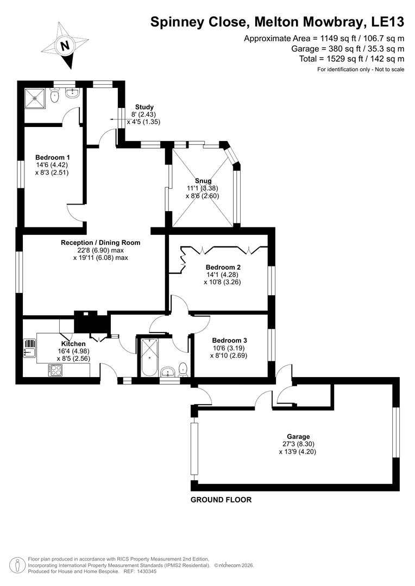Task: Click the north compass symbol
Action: click(x=66, y=46)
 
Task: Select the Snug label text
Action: click(x=203, y=181)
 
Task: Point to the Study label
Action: click(x=144, y=107)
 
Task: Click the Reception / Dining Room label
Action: click(x=100, y=243)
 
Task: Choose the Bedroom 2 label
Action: click(x=223, y=267)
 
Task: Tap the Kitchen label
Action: click(x=73, y=344)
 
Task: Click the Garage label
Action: click(x=298, y=436)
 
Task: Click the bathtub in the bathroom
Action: click(x=147, y=357)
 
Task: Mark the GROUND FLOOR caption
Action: click(x=221, y=500)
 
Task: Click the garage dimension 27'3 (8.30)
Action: click(x=298, y=444)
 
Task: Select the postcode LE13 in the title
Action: click(x=386, y=22)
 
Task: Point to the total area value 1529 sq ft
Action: click(x=341, y=59)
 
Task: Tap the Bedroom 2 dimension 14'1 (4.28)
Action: click(x=223, y=275)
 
